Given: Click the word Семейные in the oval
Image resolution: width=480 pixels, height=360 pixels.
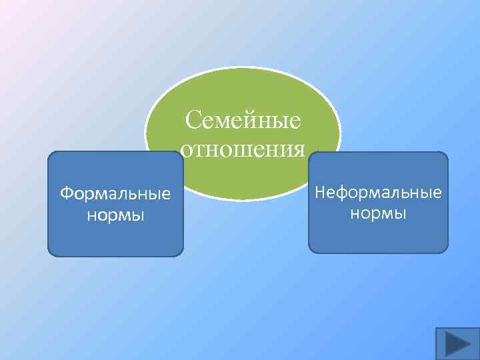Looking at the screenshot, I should click(x=243, y=121).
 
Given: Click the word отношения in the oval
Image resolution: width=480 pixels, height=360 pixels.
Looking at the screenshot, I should click(x=243, y=149).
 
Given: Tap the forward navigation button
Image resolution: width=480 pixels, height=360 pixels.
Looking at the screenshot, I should click(x=457, y=343).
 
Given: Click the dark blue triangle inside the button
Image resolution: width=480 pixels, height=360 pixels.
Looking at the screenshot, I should click(x=458, y=344).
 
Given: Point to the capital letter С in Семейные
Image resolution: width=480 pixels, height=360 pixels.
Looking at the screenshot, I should click(x=193, y=121).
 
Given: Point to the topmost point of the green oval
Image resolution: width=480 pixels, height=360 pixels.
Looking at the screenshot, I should click(x=243, y=67).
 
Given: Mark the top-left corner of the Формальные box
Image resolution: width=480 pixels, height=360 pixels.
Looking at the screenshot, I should click(x=50, y=154).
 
